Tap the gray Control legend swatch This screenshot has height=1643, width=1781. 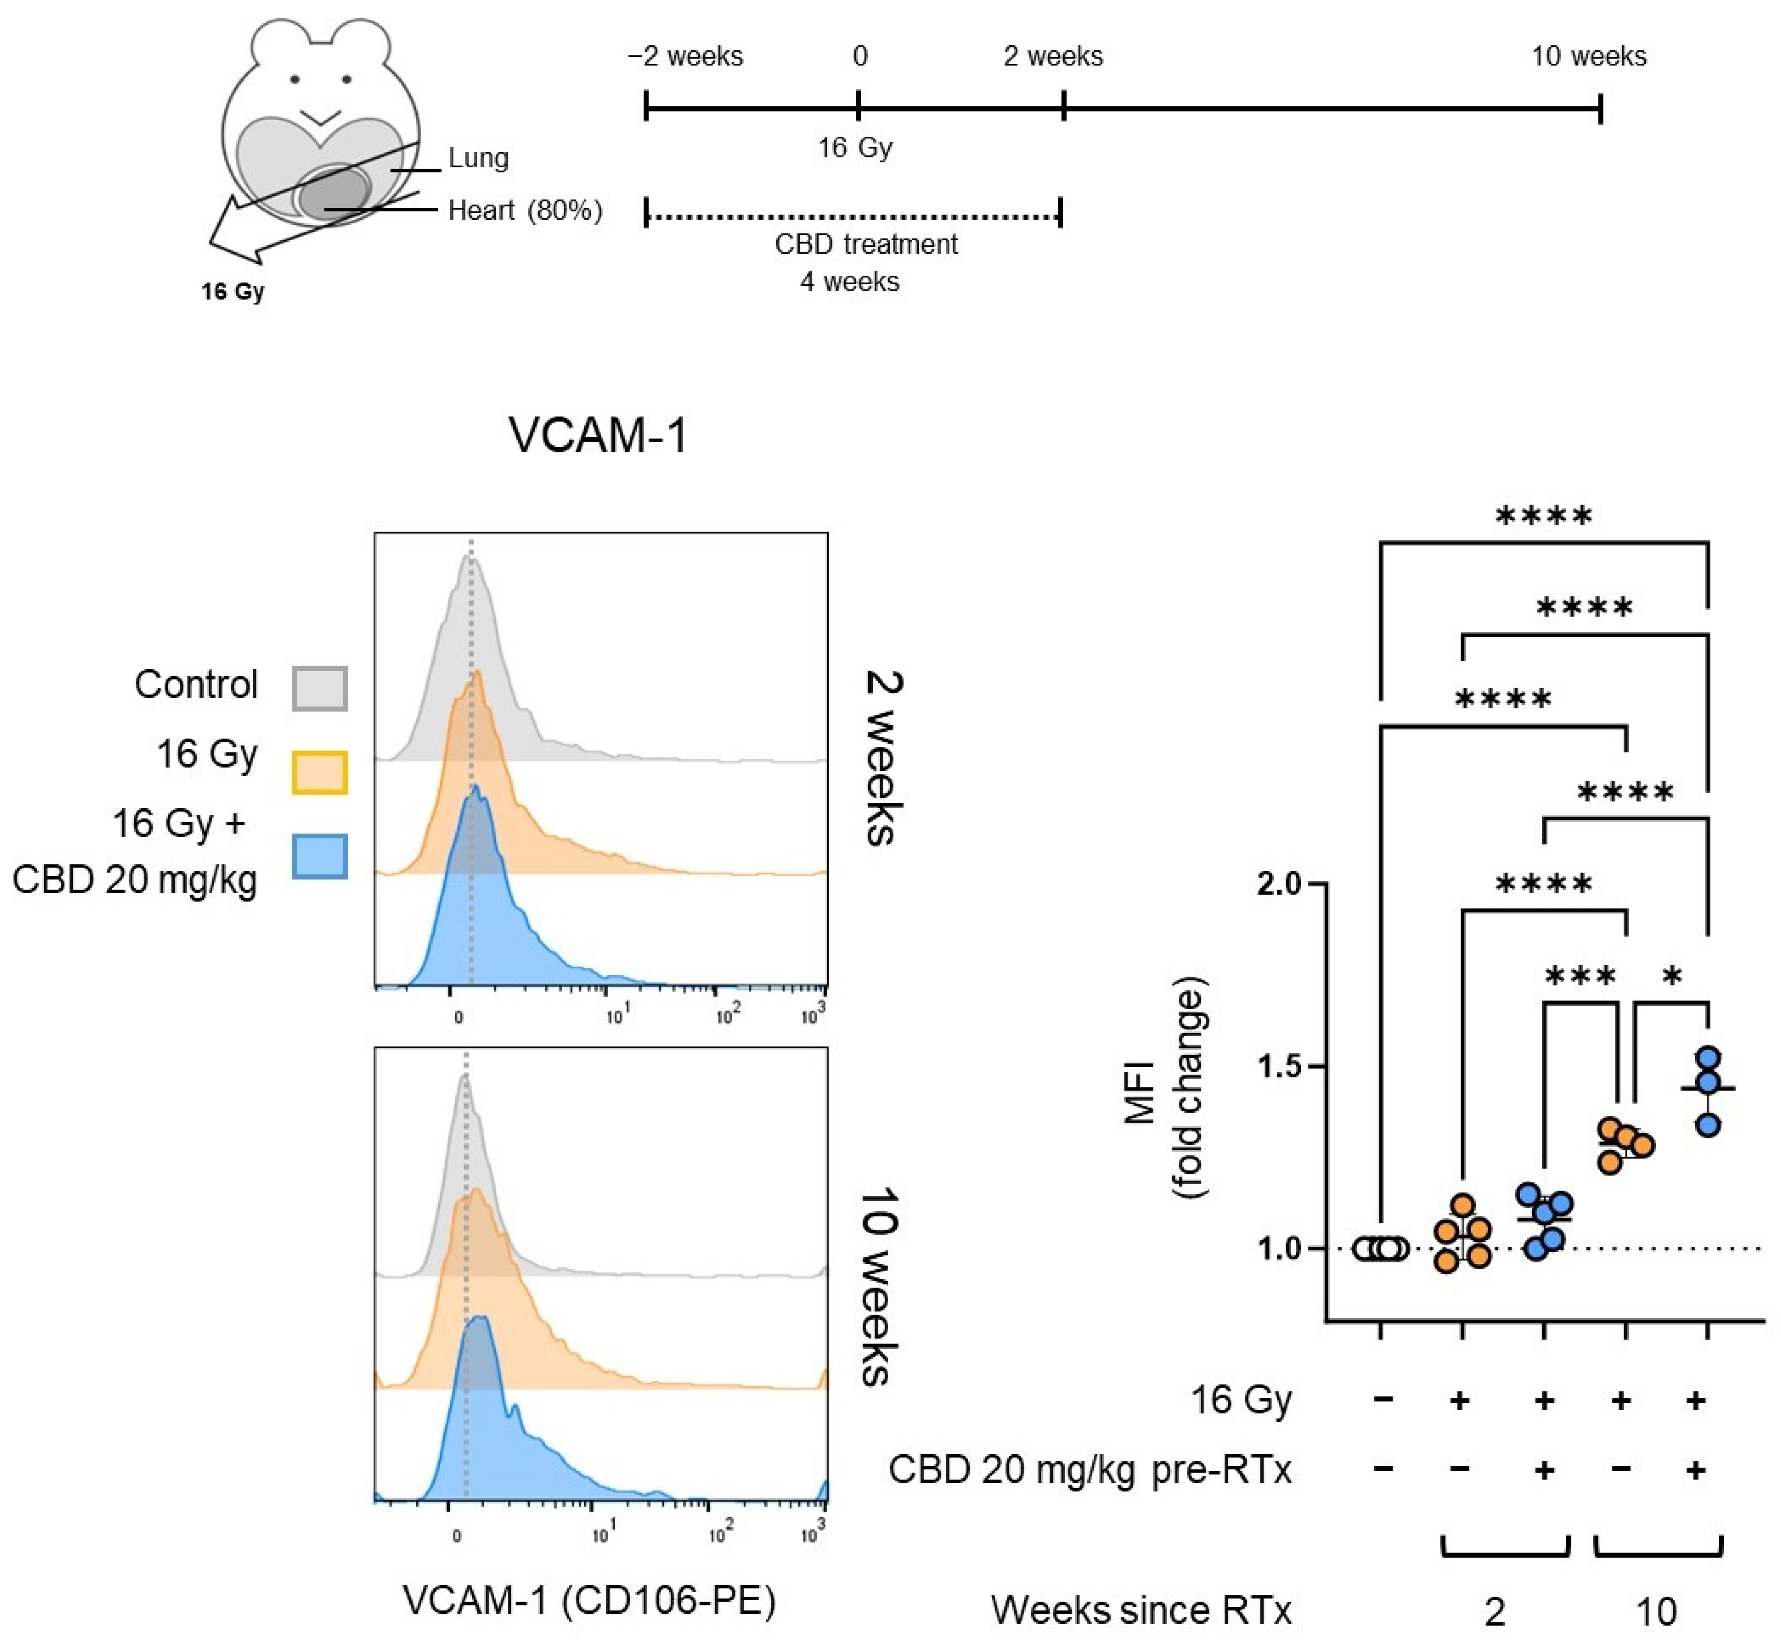319,688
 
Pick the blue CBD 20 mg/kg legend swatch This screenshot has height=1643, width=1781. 319,856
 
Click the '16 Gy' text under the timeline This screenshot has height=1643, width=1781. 855,148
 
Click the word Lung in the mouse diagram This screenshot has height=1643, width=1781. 479,158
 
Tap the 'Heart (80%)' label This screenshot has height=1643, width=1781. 524,210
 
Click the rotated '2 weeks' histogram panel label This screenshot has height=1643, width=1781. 883,757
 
